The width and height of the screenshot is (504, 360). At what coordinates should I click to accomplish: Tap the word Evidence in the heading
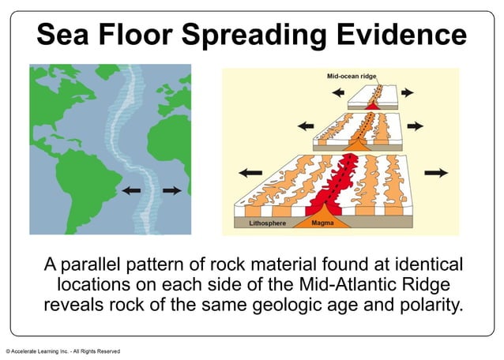411,35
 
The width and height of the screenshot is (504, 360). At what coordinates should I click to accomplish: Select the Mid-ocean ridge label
353,77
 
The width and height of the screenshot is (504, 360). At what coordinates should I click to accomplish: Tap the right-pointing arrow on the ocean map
171,190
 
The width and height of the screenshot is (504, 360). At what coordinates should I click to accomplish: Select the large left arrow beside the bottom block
250,171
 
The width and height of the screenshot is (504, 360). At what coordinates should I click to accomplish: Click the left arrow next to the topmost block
338,92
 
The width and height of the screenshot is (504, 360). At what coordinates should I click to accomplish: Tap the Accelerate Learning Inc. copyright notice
63,351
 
